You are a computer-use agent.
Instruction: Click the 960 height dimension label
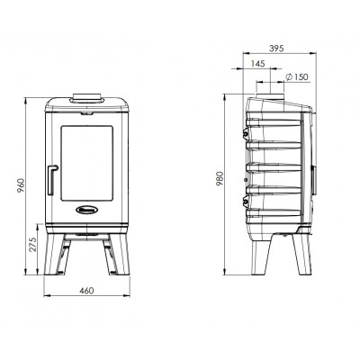tap(21, 185)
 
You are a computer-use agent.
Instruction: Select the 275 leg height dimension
tap(32, 244)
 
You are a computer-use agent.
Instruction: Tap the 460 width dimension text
tap(86, 291)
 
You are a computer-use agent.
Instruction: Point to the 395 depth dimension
tap(276, 49)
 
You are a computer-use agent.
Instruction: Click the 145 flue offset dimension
tap(257, 64)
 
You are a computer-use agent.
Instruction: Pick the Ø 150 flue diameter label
tap(297, 76)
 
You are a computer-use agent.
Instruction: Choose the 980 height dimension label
tap(220, 178)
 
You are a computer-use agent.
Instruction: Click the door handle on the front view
tap(51, 180)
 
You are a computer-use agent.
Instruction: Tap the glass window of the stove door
tap(87, 163)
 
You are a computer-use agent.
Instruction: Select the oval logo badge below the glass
tap(87, 210)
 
